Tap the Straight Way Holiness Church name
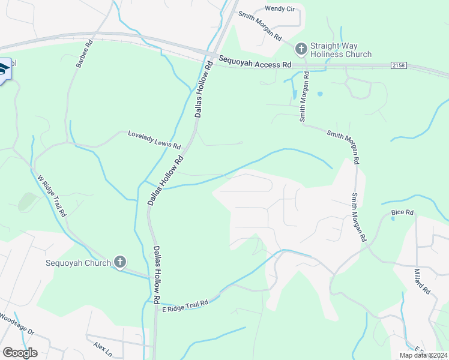tap(340, 50)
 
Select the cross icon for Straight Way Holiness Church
tap(301, 47)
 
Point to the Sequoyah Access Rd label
tap(255, 61)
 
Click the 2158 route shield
tap(398, 64)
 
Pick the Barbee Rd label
tap(83, 54)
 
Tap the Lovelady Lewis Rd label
tap(154, 140)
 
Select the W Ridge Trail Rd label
tap(52, 196)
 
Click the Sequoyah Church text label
tap(79, 263)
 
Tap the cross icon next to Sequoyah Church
tap(120, 262)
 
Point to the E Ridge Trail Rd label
tap(185, 305)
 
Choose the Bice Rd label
tap(402, 212)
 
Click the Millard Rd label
tap(422, 281)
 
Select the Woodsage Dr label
tap(17, 324)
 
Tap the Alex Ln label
tap(103, 347)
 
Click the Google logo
tap(20, 352)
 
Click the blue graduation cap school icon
tap(4, 70)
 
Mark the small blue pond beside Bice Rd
tap(393, 219)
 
